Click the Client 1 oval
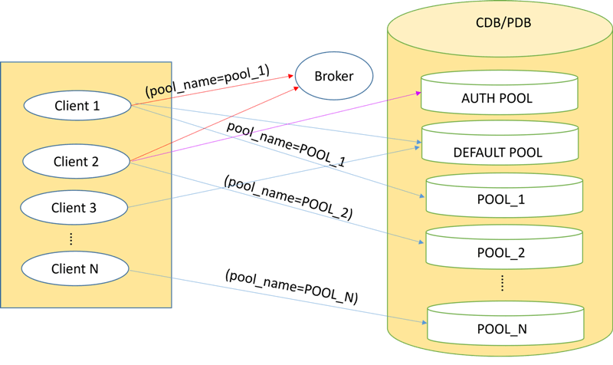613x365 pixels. [x=77, y=106]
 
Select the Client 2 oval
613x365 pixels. [x=77, y=161]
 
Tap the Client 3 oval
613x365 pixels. [x=74, y=207]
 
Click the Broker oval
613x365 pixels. [x=334, y=76]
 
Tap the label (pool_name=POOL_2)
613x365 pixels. [x=288, y=198]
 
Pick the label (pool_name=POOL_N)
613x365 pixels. [x=291, y=285]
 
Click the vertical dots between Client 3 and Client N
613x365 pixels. [x=71, y=239]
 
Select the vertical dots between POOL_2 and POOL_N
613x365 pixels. [x=502, y=283]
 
